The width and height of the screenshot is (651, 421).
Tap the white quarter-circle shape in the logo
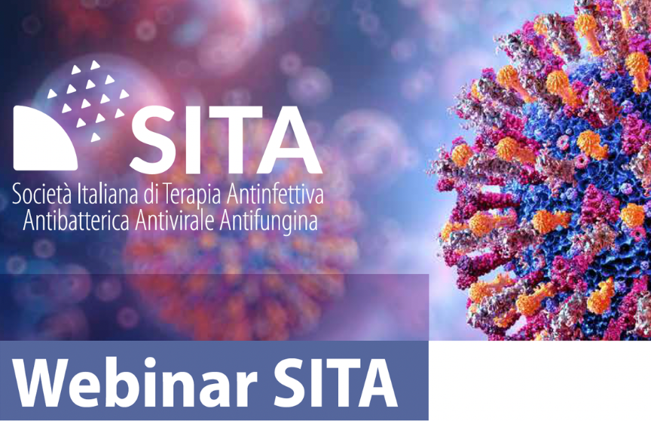[x=45, y=138]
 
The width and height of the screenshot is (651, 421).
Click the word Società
[x=42, y=194]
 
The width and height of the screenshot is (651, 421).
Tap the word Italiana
[x=108, y=194]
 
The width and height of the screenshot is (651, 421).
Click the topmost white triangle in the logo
[x=95, y=65]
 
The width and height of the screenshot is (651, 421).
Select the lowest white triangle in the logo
[x=95, y=137]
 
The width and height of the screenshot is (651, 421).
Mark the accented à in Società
[x=67, y=195]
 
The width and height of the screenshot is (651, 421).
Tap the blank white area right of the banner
[x=539, y=381]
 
